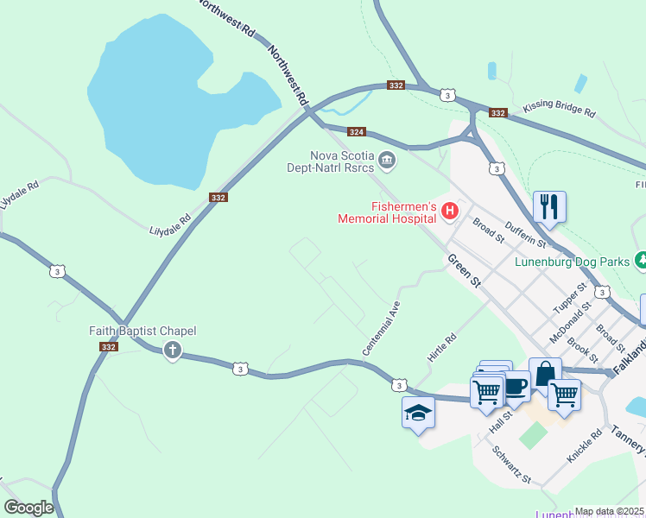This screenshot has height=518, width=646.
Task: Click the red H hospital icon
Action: point(449,210)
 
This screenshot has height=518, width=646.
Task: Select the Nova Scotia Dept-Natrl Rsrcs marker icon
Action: point(388,159)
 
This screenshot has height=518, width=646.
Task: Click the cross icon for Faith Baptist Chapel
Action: point(172,350)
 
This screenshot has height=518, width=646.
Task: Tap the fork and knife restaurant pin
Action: point(549,207)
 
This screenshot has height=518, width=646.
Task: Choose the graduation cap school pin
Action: point(418,414)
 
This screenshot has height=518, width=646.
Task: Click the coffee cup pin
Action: point(516,386)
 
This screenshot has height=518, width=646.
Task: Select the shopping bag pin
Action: point(544,374)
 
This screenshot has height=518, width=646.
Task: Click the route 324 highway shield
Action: point(357,132)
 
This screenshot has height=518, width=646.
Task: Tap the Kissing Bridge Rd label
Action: point(559,111)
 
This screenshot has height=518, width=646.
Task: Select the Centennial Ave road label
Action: point(382,328)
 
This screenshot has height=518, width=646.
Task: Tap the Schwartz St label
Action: point(511,464)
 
